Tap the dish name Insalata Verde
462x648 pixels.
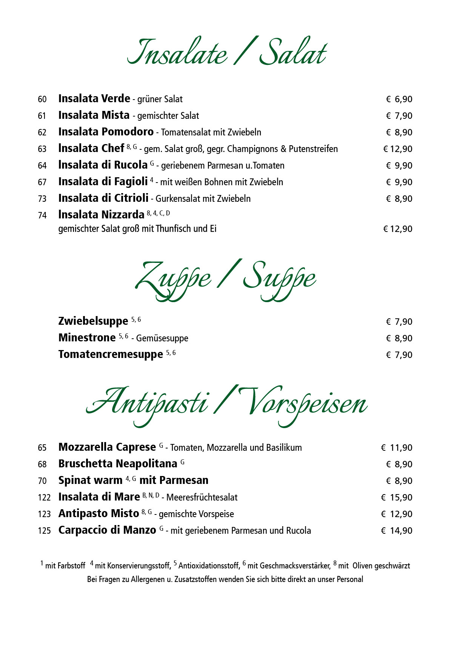[x=94, y=99]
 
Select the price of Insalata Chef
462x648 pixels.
[x=398, y=149]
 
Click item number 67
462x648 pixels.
[x=42, y=182]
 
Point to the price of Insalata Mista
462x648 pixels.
[x=399, y=116]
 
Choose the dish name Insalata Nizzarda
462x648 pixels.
[x=101, y=215]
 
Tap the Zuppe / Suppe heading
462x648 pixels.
[x=226, y=280]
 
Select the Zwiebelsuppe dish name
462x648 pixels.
[x=93, y=321]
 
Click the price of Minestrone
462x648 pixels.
[x=399, y=338]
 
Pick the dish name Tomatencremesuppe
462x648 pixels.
[x=111, y=355]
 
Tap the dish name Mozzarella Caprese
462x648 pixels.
[x=107, y=447]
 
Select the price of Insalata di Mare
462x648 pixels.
[x=397, y=498]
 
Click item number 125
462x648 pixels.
[x=44, y=531]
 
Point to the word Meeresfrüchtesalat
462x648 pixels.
[x=202, y=498]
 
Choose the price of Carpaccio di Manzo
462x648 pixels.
[x=397, y=531]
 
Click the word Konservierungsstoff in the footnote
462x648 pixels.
[x=139, y=566]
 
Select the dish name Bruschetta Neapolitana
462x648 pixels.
[x=118, y=464]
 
